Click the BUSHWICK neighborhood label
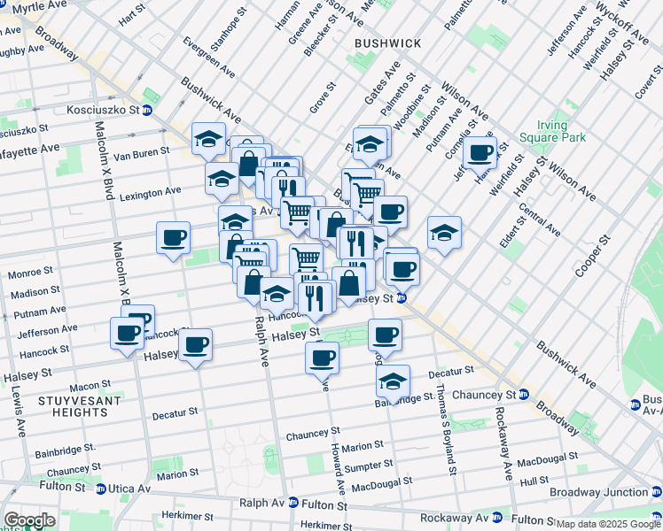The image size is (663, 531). (x=387, y=42)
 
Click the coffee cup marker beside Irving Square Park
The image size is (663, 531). (x=480, y=152)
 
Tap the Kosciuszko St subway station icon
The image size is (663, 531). (x=147, y=111)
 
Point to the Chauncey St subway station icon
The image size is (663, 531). (x=523, y=394)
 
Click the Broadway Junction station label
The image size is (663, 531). (x=598, y=492)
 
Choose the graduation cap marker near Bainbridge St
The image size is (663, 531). (x=392, y=381)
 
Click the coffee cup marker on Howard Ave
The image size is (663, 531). (x=322, y=358)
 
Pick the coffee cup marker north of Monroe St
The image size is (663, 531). (x=173, y=238)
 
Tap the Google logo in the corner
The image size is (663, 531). (x=29, y=520)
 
